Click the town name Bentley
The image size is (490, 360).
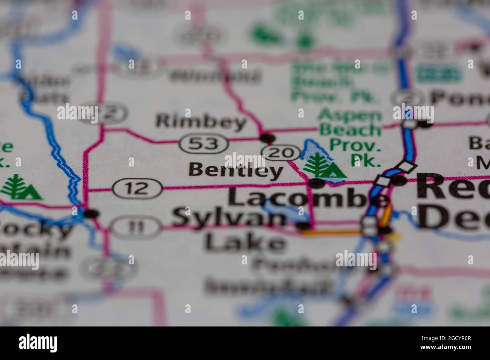pos(236,171)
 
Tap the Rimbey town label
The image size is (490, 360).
pos(201,122)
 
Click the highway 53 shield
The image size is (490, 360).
pos(204,143)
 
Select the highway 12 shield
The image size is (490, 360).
pos(138,188)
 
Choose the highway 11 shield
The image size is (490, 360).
pos(135,227)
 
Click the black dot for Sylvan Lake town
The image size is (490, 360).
pos(304,226)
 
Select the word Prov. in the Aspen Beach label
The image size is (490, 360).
pos(354,145)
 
